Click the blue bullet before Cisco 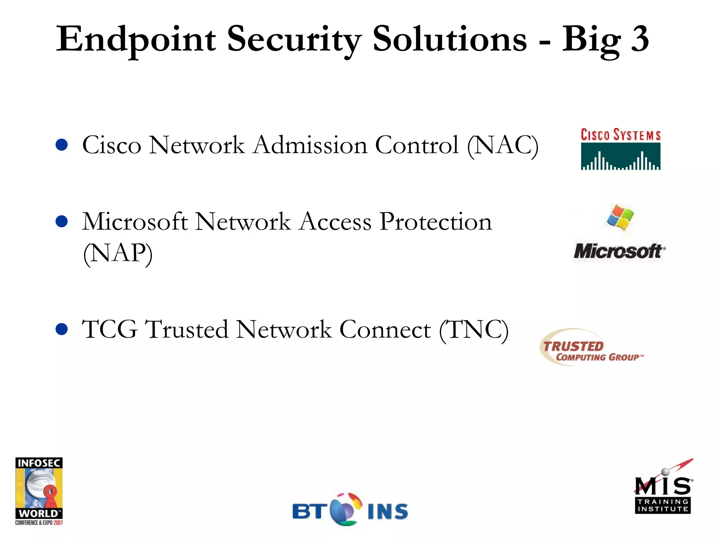click(x=62, y=145)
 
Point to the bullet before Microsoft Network click(x=62, y=221)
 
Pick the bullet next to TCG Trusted click(x=62, y=329)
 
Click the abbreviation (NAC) click(x=503, y=146)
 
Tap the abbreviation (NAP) click(x=118, y=254)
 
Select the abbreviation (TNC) click(x=474, y=330)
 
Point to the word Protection click(x=436, y=222)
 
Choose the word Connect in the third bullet click(x=385, y=330)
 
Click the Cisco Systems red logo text click(x=620, y=135)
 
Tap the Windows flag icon click(x=620, y=218)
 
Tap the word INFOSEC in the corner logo click(x=39, y=463)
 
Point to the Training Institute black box click(x=663, y=505)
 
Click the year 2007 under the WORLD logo click(x=58, y=523)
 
